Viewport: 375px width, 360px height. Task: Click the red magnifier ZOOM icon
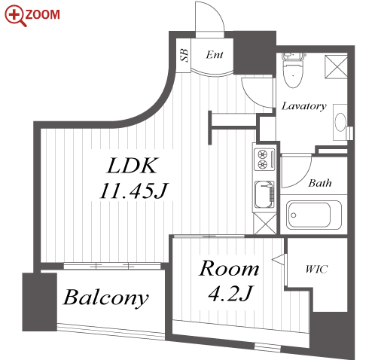[15, 16]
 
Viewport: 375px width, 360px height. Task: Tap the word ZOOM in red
[43, 14]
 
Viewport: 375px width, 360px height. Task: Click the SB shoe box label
[184, 55]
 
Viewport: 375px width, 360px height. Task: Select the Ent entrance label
[215, 55]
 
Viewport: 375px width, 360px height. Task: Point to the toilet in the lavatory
[293, 69]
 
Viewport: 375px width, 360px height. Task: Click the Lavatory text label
[303, 106]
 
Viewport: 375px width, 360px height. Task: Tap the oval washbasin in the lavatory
[340, 122]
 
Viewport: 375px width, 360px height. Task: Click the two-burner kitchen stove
[264, 159]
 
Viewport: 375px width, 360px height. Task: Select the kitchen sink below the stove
[264, 194]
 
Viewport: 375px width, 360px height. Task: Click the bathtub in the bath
[313, 215]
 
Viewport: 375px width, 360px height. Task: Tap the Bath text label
[320, 183]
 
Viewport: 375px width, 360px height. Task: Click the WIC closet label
[316, 270]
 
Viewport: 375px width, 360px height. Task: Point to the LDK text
[133, 166]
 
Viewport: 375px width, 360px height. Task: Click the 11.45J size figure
[133, 191]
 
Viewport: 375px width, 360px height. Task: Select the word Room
[229, 268]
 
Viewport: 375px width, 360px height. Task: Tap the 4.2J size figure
[230, 293]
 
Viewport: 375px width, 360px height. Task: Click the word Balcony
[105, 298]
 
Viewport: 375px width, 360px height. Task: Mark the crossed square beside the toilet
[336, 66]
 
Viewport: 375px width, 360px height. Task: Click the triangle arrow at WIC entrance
[279, 260]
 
